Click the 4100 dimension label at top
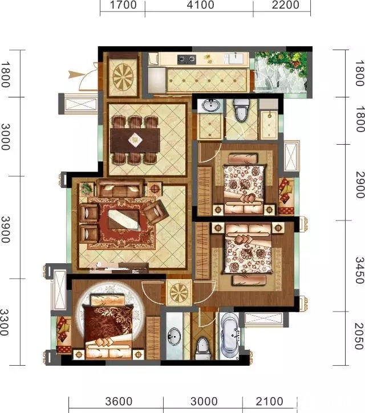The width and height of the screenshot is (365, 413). pyautogui.click(x=200, y=5)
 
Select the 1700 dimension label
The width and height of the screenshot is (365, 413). pyautogui.click(x=123, y=5)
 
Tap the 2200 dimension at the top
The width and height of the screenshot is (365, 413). pyautogui.click(x=285, y=5)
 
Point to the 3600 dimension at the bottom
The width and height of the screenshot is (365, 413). pyautogui.click(x=119, y=402)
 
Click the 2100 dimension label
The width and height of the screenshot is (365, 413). pyautogui.click(x=270, y=402)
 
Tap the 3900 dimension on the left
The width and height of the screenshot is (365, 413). pyautogui.click(x=5, y=230)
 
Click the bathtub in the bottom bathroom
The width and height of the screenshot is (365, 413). pyautogui.click(x=229, y=336)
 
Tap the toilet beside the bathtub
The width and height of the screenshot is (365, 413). pyautogui.click(x=203, y=347)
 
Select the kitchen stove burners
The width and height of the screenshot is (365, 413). pyautogui.click(x=186, y=59)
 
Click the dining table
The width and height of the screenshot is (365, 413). pyautogui.click(x=135, y=140)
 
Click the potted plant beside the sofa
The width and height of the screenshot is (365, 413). pyautogui.click(x=86, y=189)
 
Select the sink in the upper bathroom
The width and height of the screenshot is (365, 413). pyautogui.click(x=210, y=105)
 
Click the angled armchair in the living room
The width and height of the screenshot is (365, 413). pyautogui.click(x=156, y=211)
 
